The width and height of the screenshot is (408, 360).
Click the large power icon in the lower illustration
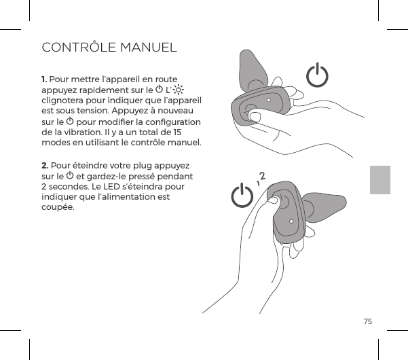click(x=242, y=197)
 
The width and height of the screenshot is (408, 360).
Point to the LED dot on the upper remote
click(x=270, y=99)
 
